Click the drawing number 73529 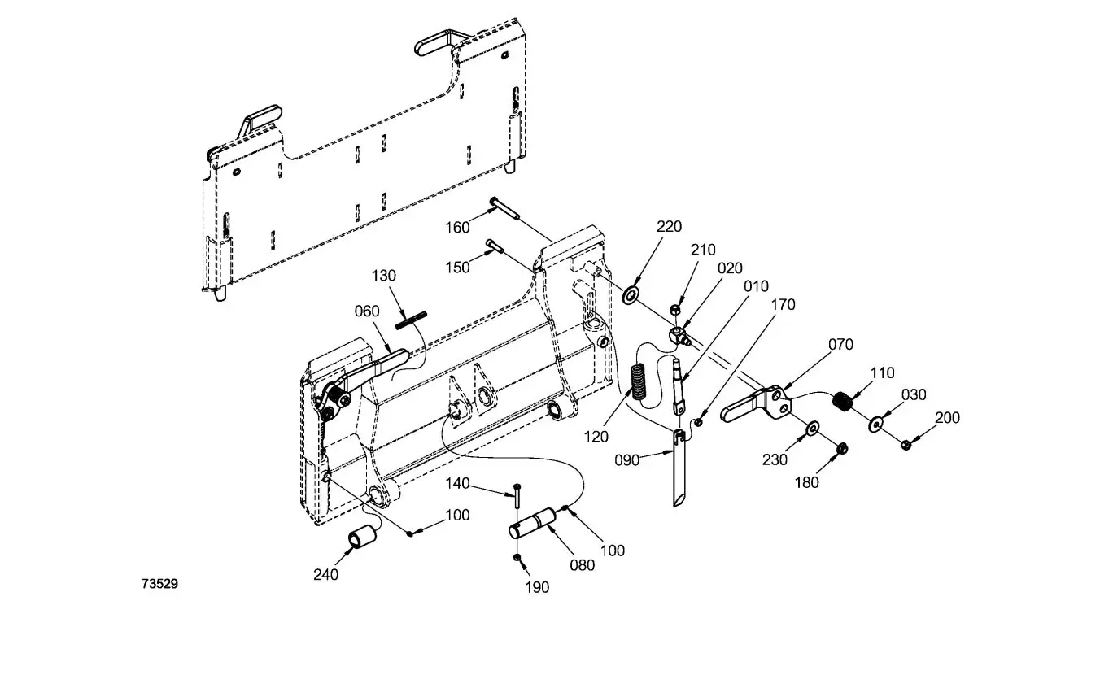point(159,583)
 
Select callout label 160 point(458,227)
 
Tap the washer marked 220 point(631,294)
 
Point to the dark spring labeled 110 point(844,402)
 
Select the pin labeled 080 point(533,522)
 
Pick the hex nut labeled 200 point(906,444)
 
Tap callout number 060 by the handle point(367,311)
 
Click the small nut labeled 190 point(517,558)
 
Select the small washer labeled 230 point(812,429)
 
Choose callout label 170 point(783,305)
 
